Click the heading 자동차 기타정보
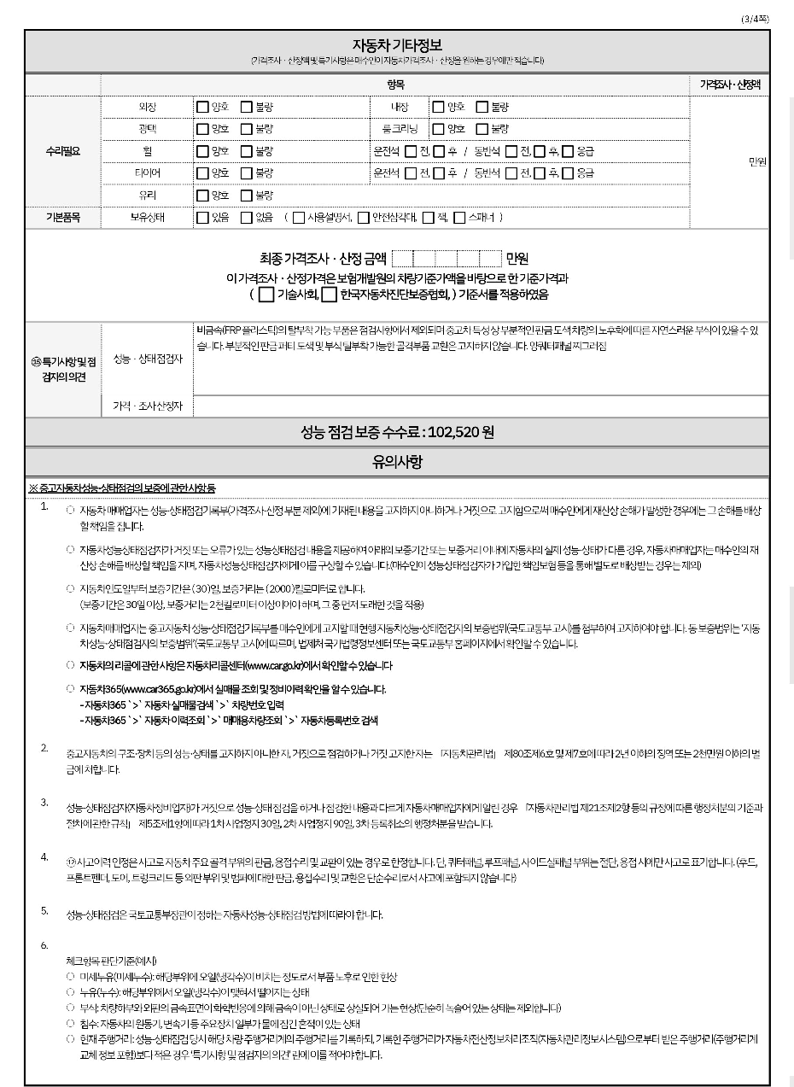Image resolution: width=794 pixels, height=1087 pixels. pyautogui.click(x=397, y=44)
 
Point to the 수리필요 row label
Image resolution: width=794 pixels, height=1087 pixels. pyautogui.click(x=62, y=151)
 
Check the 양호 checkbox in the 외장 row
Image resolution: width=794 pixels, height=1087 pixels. pyautogui.click(x=201, y=107)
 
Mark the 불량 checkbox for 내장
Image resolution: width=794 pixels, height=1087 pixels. pyautogui.click(x=482, y=107)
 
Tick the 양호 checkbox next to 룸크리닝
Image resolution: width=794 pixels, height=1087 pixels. pyautogui.click(x=438, y=129)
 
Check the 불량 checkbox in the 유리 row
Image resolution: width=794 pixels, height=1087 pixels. pyautogui.click(x=246, y=196)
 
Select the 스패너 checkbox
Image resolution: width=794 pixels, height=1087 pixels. pyautogui.click(x=460, y=218)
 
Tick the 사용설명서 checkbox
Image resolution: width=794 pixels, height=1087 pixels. pyautogui.click(x=298, y=218)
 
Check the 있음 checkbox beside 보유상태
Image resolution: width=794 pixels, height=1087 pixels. pyautogui.click(x=201, y=218)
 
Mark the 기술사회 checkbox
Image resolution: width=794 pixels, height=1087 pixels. pyautogui.click(x=266, y=295)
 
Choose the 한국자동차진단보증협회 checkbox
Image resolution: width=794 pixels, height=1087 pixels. pyautogui.click(x=329, y=295)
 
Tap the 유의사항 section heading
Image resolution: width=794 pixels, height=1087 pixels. pyautogui.click(x=397, y=463)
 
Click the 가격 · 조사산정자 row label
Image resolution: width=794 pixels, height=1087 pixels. pyautogui.click(x=149, y=405)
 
